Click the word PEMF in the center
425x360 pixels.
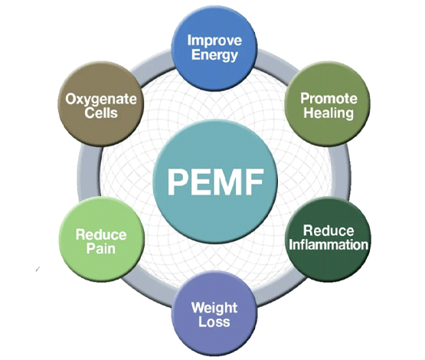coord(215,182)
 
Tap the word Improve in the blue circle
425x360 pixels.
coord(214,41)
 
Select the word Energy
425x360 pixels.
coord(214,55)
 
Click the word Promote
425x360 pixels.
coord(329,99)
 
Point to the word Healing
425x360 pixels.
coord(329,113)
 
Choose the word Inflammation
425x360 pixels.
coord(329,244)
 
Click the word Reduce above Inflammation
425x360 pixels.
coord(329,231)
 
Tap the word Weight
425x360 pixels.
coord(214,308)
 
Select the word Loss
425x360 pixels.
coord(214,322)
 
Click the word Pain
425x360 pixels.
coord(101,249)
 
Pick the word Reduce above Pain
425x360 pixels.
coord(101,234)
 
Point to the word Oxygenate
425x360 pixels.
coord(101,100)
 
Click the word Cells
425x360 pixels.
coord(101,113)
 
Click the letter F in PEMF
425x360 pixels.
coord(255,182)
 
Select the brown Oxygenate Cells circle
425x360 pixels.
coord(101,104)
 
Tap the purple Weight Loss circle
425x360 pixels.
coord(214,314)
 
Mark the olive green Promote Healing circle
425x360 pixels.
coord(328,104)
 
